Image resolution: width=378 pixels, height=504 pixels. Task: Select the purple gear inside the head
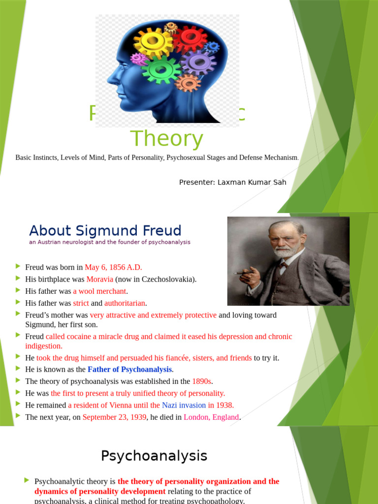click(198, 62)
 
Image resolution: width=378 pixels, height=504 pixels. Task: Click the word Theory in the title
click(166, 139)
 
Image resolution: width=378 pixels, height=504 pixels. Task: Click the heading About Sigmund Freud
click(105, 230)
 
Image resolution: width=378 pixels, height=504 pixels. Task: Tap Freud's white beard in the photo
click(284, 251)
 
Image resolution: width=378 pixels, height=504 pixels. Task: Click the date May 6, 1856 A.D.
click(113, 267)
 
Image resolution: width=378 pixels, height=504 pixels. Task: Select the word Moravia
click(100, 279)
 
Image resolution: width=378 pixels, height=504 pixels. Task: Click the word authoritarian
click(126, 303)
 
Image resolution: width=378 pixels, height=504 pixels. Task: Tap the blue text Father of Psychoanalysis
click(130, 369)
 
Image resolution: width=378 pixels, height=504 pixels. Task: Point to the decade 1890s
click(202, 381)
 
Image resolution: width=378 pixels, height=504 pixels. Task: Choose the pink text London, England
click(211, 417)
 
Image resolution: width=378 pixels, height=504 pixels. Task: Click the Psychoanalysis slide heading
click(154, 456)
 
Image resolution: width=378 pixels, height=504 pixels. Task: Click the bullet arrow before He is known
click(18, 369)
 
